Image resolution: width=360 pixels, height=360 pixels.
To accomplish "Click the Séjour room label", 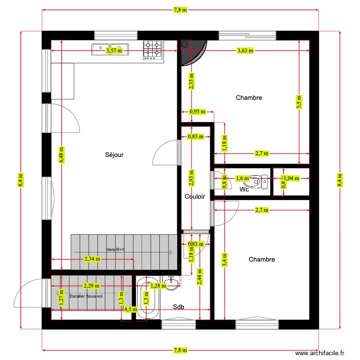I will [114, 155].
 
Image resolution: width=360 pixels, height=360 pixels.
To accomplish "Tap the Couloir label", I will [195, 197].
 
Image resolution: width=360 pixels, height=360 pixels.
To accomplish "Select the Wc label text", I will [244, 189].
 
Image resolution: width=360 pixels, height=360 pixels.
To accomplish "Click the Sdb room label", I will [179, 307].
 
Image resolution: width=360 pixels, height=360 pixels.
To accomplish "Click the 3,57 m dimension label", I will [114, 50].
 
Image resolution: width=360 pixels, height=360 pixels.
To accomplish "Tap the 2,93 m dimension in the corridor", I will [191, 178].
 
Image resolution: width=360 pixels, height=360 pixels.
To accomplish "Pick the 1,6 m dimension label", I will [243, 179].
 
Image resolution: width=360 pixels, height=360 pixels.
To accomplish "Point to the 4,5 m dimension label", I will [130, 310].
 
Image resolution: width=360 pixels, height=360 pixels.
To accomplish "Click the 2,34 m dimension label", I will [92, 259].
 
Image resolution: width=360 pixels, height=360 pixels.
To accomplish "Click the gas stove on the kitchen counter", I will [153, 49].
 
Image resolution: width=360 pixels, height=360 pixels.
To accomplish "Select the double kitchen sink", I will [110, 48].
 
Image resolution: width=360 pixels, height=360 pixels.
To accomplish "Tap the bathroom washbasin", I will [171, 281].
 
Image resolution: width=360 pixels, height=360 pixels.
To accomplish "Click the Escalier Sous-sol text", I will [86, 296].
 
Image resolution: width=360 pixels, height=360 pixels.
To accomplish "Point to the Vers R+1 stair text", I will [115, 250].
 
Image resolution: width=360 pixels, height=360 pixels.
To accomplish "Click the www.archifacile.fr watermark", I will [320, 353].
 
